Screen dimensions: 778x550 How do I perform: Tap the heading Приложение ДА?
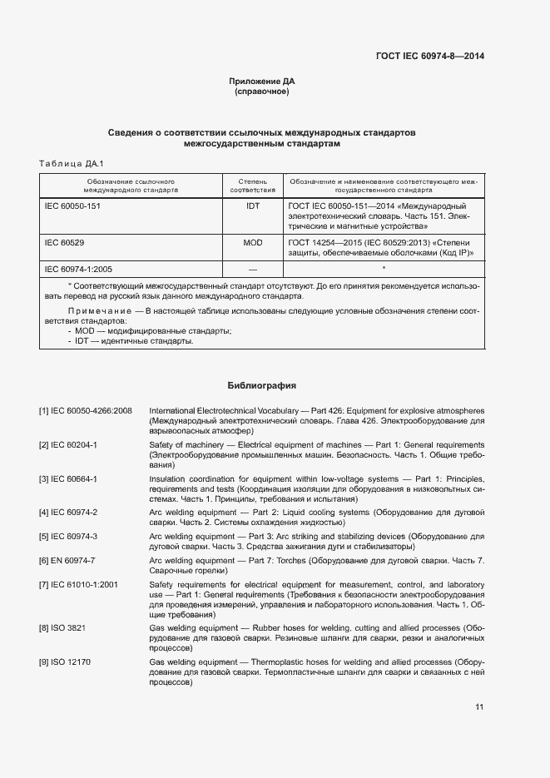[x=262, y=82]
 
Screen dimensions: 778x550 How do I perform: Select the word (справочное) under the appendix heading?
[x=262, y=92]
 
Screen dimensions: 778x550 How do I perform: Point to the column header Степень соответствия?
[x=253, y=185]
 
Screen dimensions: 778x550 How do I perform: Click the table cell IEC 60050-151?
[x=72, y=206]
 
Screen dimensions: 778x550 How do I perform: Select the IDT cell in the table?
[x=253, y=206]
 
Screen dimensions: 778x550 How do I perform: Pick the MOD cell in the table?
[x=253, y=242]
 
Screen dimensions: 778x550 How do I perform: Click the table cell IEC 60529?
[x=64, y=242]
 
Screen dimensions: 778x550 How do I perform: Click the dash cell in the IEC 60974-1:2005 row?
[x=253, y=270]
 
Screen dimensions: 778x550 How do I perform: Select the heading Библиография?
[x=262, y=386]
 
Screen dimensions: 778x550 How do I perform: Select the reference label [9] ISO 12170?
[x=64, y=662]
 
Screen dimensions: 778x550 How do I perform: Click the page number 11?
[x=479, y=707]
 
